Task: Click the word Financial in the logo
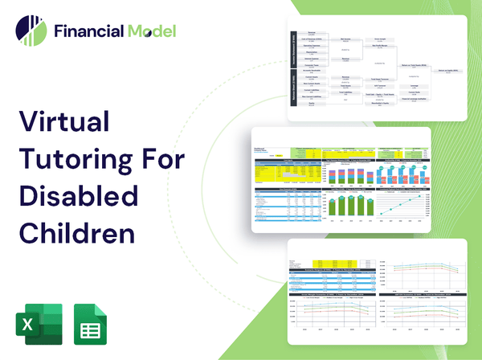point(88,31)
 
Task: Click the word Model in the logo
point(150,31)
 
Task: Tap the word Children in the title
point(76,233)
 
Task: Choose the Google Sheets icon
point(91,323)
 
